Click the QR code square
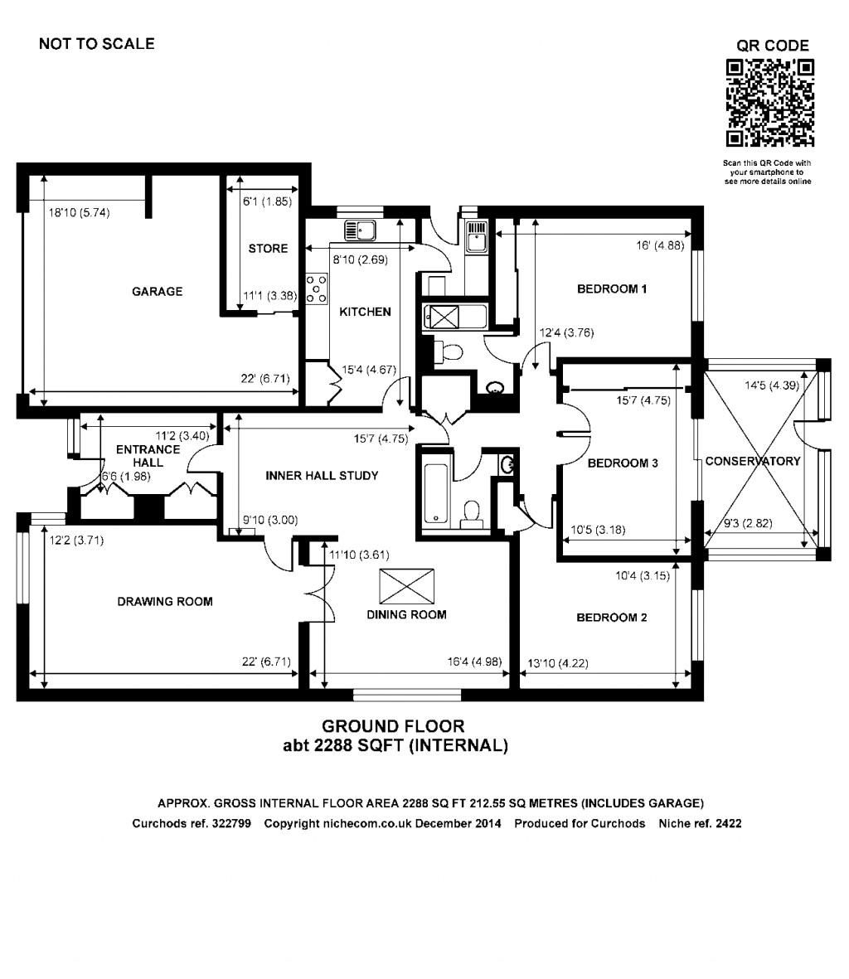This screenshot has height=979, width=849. tap(769, 104)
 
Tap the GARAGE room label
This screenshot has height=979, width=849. tap(157, 292)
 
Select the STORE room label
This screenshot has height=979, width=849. tap(268, 249)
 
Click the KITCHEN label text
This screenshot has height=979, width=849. tap(365, 312)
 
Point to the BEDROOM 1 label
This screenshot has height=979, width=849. tap(612, 289)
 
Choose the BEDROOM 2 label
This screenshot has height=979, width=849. tap(612, 618)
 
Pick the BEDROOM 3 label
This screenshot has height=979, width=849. tap(623, 463)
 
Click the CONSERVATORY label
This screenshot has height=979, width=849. tap(753, 462)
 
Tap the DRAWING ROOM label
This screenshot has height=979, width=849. tap(165, 602)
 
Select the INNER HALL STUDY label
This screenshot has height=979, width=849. tap(322, 476)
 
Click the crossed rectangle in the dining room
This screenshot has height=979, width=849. tap(406, 587)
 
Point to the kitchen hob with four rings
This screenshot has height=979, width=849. tap(316, 288)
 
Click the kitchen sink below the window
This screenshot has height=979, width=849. tap(361, 229)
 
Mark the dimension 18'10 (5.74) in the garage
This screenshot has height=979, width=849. tap(79, 213)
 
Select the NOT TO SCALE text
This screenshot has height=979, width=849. tap(96, 44)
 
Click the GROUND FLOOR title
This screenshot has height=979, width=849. tap(393, 727)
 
